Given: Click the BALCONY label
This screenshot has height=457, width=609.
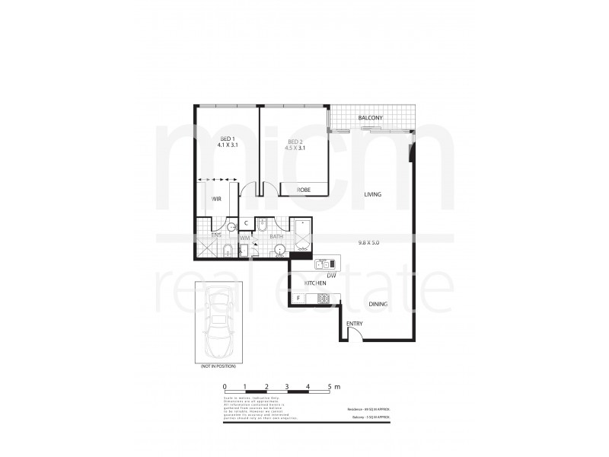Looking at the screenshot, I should pyautogui.click(x=370, y=118).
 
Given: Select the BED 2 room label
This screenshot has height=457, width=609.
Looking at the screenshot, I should pyautogui.click(x=296, y=144).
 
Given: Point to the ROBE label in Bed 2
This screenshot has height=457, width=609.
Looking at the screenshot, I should pyautogui.click(x=303, y=189).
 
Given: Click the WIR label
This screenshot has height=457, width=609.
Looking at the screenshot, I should pyautogui.click(x=216, y=199).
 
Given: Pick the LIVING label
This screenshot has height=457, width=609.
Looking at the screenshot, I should pyautogui.click(x=372, y=194).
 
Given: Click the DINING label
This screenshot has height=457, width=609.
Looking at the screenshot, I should pyautogui.click(x=378, y=304).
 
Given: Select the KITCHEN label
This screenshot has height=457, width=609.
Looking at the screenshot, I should pyautogui.click(x=315, y=283).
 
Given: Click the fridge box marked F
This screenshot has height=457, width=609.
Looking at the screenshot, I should pyautogui.click(x=298, y=298).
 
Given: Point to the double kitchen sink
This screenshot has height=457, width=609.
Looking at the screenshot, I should pyautogui.click(x=322, y=264).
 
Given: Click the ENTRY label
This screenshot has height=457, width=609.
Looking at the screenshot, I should pyautogui.click(x=355, y=324).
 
